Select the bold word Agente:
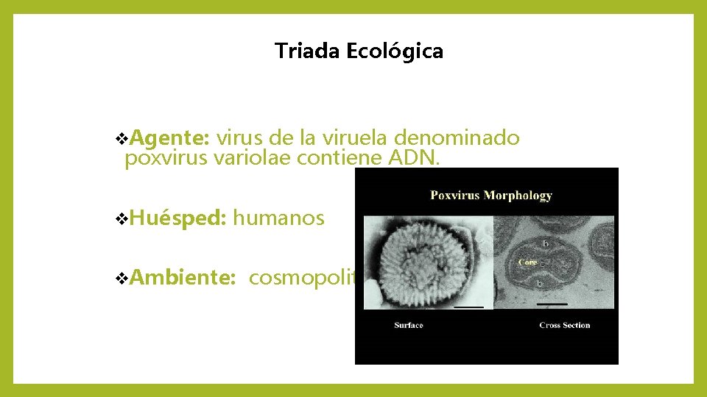pos(172,138)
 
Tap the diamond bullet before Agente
pos(122,138)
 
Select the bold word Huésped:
pos(179,218)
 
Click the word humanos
pos(279,218)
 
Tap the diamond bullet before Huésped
pos(122,218)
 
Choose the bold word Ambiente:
pos(183,278)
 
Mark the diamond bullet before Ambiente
pos(122,279)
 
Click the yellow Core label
pos(527,262)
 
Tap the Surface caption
pos(409,325)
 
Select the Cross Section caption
pos(564,325)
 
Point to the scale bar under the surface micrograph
pos(468,305)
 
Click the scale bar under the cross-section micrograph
pos(552,303)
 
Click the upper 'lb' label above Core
pos(546,243)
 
